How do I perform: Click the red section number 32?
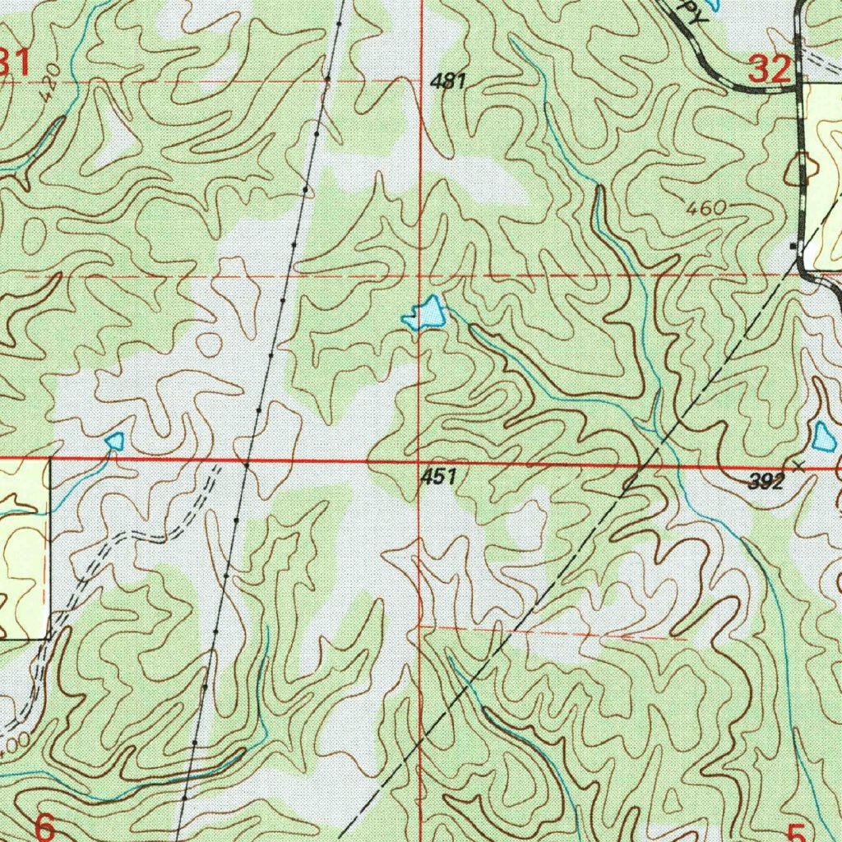(770, 69)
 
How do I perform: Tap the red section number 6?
(45, 826)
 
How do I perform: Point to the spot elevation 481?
(449, 81)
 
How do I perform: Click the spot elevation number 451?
(438, 476)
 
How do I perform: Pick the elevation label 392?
(766, 483)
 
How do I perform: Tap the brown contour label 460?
(707, 209)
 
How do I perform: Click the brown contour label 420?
(51, 83)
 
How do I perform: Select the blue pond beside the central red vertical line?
(425, 314)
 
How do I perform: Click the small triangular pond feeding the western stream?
(114, 442)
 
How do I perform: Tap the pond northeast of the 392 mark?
(823, 437)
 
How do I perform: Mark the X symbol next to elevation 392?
(798, 465)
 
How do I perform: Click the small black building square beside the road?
(793, 245)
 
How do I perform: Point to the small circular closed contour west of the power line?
(210, 343)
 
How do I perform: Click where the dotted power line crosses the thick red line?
(246, 464)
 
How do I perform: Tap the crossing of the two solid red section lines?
(421, 461)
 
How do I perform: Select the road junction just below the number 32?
(798, 86)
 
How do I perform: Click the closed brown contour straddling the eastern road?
(802, 169)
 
